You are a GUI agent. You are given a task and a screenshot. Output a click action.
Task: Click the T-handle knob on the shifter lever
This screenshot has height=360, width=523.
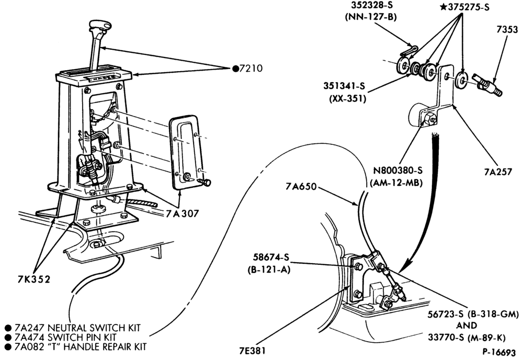[100, 26]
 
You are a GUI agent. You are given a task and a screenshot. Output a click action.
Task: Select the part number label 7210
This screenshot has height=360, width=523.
[251, 69]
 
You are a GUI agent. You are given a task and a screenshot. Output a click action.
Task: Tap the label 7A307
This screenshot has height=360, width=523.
[183, 213]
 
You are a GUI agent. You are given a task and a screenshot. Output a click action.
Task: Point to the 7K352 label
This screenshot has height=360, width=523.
[33, 279]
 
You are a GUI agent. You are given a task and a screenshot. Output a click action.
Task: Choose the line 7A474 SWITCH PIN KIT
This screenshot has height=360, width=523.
[65, 337]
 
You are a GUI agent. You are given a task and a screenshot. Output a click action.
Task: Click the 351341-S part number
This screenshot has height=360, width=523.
[344, 86]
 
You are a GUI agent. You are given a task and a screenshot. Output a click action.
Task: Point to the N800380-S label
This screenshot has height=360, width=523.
[397, 171]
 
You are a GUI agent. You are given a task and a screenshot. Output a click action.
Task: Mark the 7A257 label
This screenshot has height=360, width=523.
[498, 172]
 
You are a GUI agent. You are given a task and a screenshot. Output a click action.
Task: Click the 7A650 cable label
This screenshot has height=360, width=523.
[301, 186]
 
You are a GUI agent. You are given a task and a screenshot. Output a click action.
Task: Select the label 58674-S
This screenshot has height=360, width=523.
[270, 257]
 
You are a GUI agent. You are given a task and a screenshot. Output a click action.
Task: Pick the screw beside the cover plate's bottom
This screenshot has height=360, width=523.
[204, 182]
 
